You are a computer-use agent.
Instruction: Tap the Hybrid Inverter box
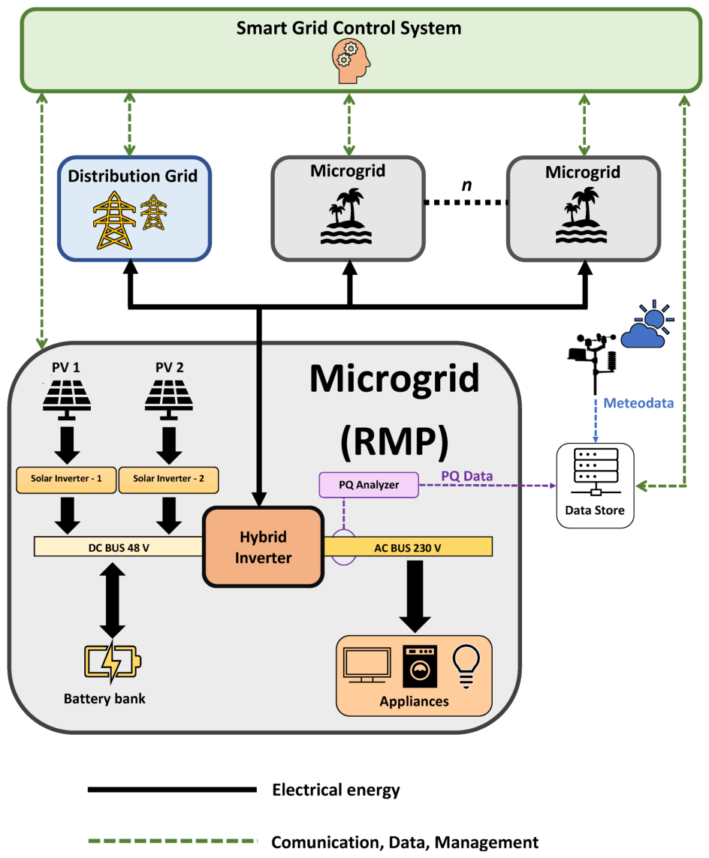click(263, 547)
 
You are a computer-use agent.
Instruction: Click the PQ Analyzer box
click(368, 484)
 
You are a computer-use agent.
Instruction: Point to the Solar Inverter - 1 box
click(66, 480)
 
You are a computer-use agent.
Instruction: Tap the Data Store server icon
click(596, 471)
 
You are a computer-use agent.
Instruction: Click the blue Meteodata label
click(639, 403)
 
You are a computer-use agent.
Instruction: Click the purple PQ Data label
click(477, 476)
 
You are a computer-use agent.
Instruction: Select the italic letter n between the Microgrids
click(466, 185)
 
